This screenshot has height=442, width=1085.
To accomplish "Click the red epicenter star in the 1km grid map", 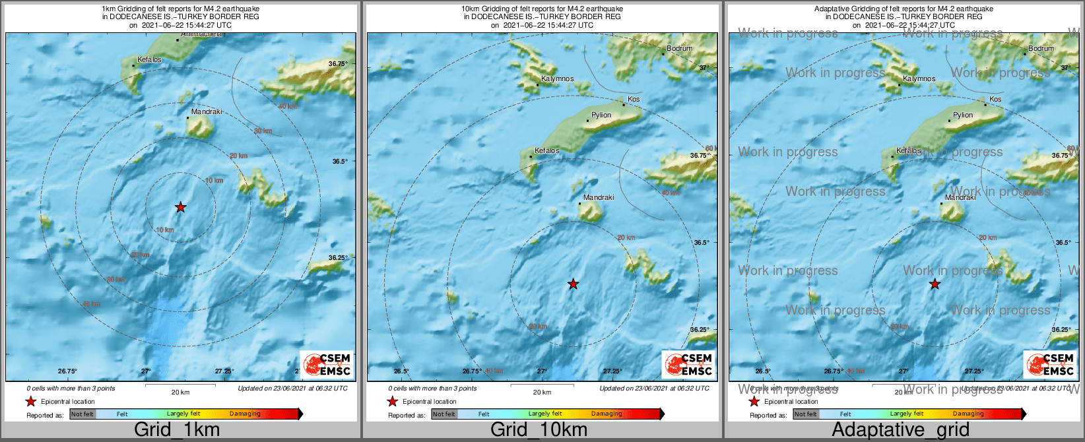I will pyautogui.click(x=180, y=207).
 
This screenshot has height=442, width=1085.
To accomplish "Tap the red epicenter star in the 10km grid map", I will pyautogui.click(x=573, y=284).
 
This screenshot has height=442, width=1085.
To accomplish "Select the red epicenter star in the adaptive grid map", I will pyautogui.click(x=935, y=284).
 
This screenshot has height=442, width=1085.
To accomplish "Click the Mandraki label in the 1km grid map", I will pyautogui.click(x=207, y=112).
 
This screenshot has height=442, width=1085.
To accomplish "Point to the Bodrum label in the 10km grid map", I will pyautogui.click(x=679, y=48).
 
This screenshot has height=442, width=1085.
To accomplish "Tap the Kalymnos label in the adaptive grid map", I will pyautogui.click(x=919, y=79).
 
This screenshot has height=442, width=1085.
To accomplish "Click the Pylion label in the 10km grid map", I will pyautogui.click(x=601, y=115).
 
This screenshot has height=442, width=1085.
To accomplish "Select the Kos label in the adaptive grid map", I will pyautogui.click(x=995, y=100).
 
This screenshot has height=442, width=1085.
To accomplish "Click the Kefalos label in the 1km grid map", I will pyautogui.click(x=149, y=60).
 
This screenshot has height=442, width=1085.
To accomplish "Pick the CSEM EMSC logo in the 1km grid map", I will pyautogui.click(x=327, y=364).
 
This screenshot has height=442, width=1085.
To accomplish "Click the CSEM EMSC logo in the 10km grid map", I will pyautogui.click(x=688, y=364).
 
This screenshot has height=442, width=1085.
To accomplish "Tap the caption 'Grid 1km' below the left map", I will pyautogui.click(x=177, y=429).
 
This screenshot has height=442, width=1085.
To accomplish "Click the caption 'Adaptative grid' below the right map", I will pyautogui.click(x=900, y=429).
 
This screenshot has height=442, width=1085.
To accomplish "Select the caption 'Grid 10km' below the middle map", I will pyautogui.click(x=539, y=429).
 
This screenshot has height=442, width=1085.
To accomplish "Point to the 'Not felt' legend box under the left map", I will pyautogui.click(x=82, y=414).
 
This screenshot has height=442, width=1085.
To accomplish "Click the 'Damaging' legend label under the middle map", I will pyautogui.click(x=607, y=414).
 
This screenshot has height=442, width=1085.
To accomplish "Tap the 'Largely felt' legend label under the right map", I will pyautogui.click(x=907, y=414).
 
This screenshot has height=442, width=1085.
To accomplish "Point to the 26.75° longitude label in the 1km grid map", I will pyautogui.click(x=67, y=371).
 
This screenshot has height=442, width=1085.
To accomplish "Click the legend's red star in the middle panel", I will pyautogui.click(x=392, y=401).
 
